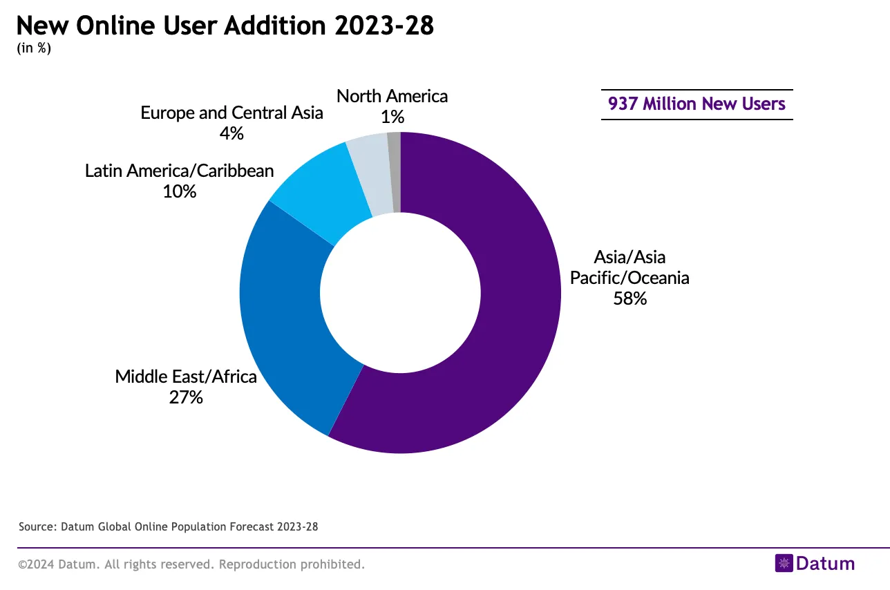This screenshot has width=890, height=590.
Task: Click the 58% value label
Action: [629, 299]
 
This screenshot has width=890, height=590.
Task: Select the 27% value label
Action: [186, 397]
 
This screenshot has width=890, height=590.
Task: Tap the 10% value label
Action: [180, 191]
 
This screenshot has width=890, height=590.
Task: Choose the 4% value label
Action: [231, 133]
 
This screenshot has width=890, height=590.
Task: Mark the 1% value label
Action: [392, 117]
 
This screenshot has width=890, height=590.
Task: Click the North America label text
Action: [392, 96]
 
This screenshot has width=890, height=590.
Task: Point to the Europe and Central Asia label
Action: [231, 113]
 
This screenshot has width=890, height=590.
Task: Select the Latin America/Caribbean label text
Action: [180, 171]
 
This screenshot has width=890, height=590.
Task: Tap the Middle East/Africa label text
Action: [186, 377]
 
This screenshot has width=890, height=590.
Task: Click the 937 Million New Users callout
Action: [697, 104]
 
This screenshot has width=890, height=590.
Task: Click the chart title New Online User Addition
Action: [225, 26]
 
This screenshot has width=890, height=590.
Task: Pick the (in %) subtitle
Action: [34, 49]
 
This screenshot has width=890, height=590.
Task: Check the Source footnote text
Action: [168, 526]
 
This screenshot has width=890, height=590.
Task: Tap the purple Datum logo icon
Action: [784, 563]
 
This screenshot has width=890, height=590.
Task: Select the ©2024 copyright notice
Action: [191, 564]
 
